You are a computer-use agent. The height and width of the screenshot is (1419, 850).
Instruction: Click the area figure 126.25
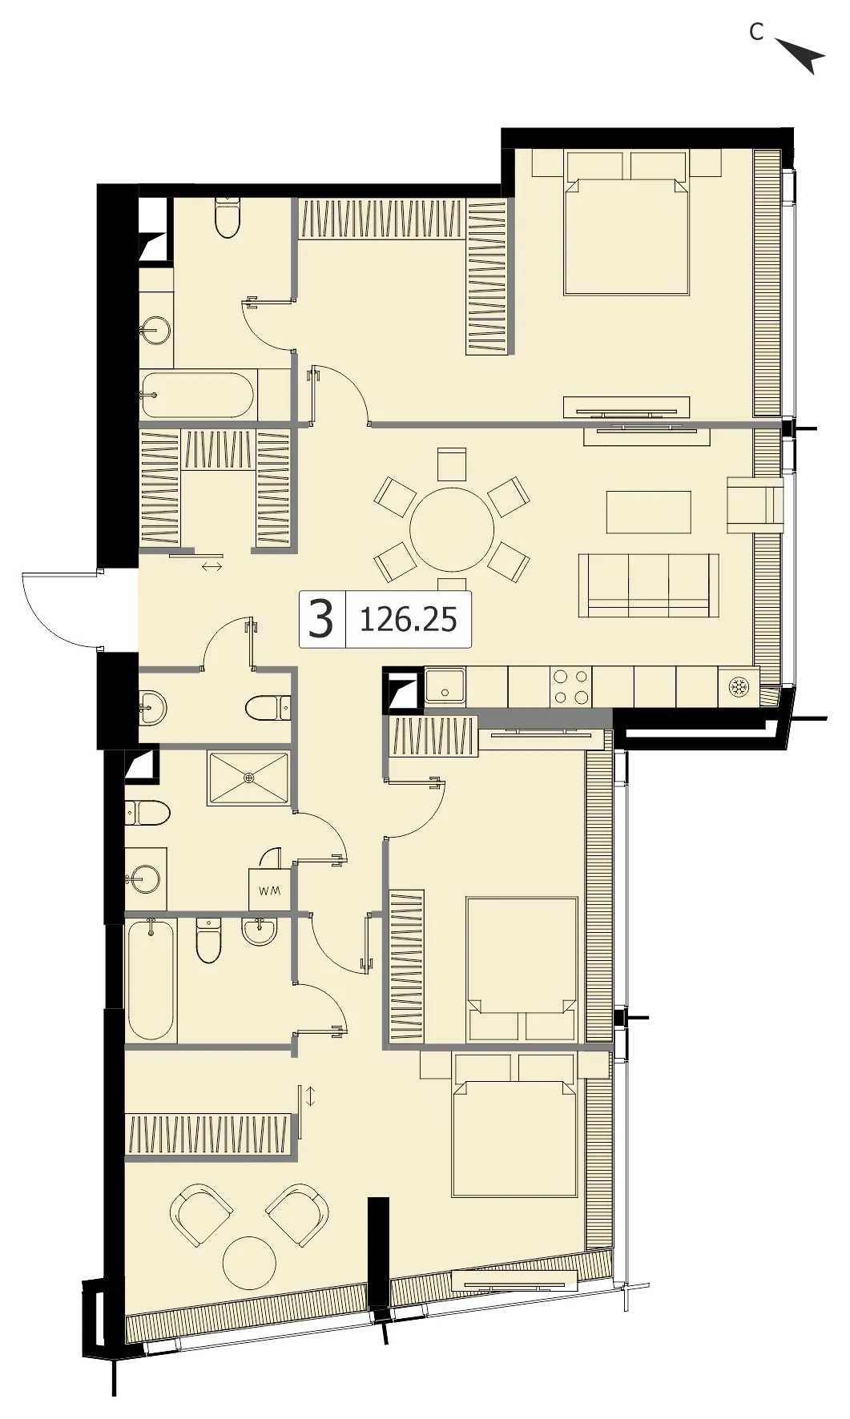point(409,619)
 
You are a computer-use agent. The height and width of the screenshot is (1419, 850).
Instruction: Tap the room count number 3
point(320,619)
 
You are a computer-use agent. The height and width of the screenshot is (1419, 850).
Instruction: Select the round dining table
point(452,529)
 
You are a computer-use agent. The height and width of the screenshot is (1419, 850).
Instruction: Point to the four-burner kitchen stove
point(570,686)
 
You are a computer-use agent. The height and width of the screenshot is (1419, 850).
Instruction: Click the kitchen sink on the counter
point(445,686)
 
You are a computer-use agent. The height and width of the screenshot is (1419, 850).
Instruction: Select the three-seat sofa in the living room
point(648,585)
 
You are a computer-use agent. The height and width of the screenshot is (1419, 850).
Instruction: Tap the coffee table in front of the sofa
point(648,513)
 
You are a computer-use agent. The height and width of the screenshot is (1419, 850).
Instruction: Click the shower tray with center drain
point(248,779)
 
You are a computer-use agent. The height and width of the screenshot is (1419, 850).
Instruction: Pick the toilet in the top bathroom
point(228,217)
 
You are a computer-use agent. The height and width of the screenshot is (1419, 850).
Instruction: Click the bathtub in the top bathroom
point(197,394)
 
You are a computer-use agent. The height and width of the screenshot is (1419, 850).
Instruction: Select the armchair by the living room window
point(754,504)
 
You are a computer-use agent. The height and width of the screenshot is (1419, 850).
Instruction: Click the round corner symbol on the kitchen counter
point(738,687)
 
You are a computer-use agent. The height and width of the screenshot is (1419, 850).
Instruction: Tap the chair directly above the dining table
point(452,464)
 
